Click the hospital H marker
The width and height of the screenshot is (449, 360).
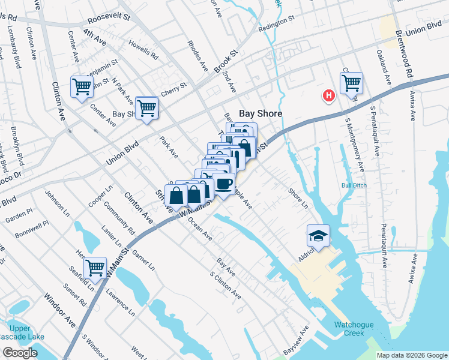tap(328, 95)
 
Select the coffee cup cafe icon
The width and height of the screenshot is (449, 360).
tap(223, 184)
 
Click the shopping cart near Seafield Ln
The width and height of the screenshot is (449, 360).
tap(95, 268)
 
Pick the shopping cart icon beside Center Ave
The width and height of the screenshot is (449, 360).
tap(82, 86)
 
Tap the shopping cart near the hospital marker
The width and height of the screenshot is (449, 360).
tap(351, 83)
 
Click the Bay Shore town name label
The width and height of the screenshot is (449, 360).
tap(261, 113)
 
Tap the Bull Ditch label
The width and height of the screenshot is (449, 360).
tap(354, 185)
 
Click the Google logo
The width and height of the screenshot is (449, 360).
tap(20, 353)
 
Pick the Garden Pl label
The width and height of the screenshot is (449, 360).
tap(20, 213)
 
